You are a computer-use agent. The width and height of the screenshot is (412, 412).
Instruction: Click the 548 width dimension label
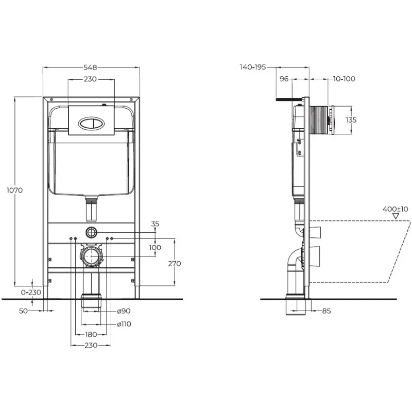point(90,67)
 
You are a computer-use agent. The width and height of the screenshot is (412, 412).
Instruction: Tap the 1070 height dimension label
point(15,190)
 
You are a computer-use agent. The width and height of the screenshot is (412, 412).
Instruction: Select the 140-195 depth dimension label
point(253,67)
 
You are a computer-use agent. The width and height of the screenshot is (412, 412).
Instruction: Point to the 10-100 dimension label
point(344,79)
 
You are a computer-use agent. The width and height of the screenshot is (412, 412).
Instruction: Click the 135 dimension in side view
point(351,120)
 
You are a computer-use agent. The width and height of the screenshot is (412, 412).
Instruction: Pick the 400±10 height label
point(396,209)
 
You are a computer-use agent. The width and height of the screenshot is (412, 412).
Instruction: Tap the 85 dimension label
point(327,311)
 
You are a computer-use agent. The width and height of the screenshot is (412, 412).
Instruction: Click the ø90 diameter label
point(124,311)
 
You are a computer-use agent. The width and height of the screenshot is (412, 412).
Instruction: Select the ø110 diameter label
point(124,324)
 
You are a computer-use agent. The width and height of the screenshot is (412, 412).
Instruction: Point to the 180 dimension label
point(91,334)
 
